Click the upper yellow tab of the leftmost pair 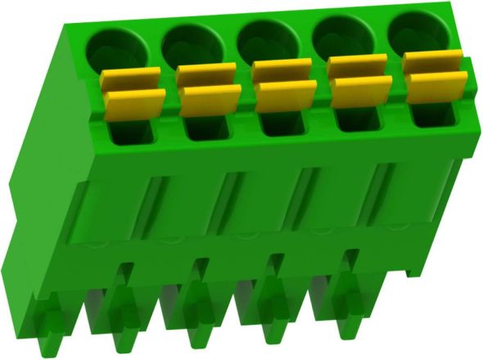point(130,78)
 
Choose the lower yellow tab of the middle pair point(285,94)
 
